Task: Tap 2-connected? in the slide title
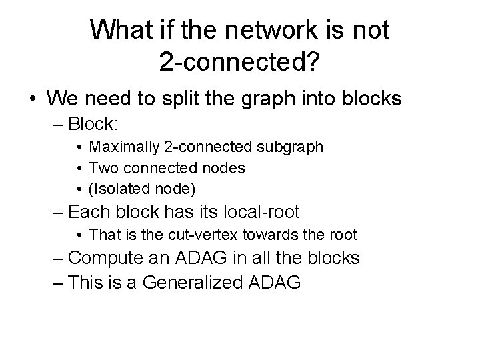(239, 61)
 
